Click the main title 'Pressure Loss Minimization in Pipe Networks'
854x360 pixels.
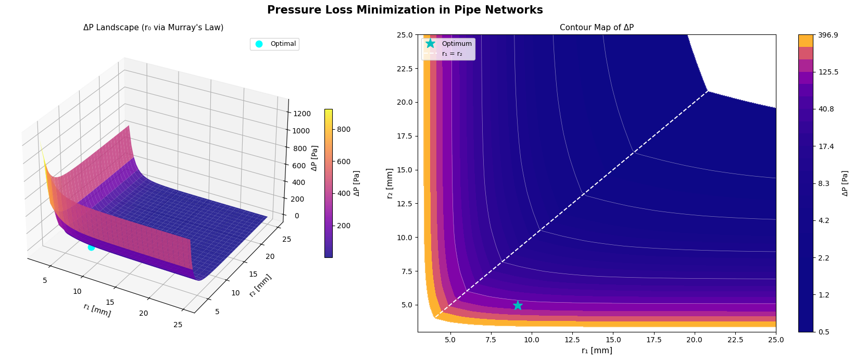click(405, 10)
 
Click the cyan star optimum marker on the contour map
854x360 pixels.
click(518, 305)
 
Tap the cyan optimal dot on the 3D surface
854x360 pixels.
click(91, 247)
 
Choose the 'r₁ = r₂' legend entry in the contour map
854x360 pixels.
click(451, 53)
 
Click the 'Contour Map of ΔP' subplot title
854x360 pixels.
click(596, 28)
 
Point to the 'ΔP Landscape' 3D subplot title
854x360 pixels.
click(153, 28)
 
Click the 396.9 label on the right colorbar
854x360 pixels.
click(828, 35)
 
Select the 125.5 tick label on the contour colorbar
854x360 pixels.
click(828, 72)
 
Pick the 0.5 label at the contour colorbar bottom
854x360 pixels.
click(823, 332)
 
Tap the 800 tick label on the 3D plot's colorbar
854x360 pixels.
click(345, 129)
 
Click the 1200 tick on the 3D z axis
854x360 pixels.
click(302, 114)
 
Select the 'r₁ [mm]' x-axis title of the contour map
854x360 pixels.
click(596, 351)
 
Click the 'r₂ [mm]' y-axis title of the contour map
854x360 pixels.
click(390, 183)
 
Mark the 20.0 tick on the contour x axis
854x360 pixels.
click(694, 340)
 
